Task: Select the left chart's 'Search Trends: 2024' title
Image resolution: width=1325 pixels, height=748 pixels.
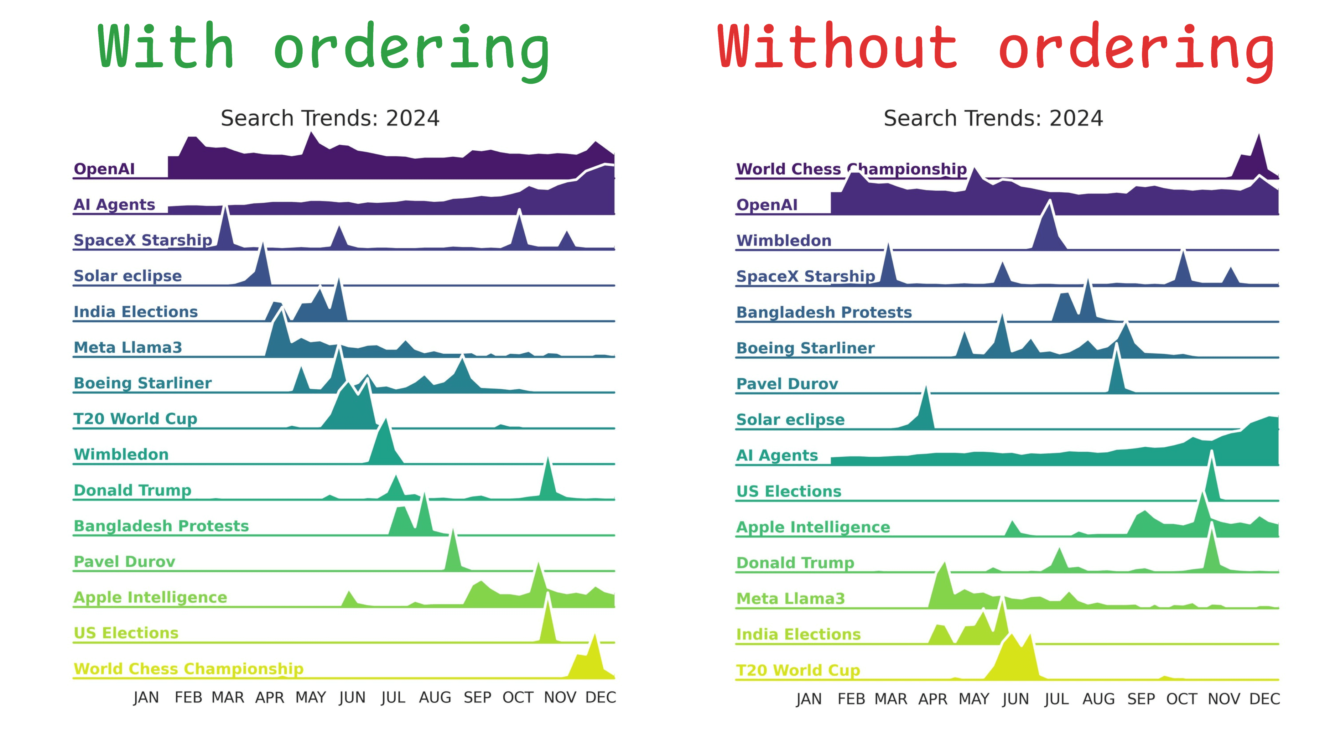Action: point(330,118)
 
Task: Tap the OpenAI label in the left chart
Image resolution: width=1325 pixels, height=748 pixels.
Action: point(104,169)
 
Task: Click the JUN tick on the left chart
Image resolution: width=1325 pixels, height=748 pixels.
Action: point(352,697)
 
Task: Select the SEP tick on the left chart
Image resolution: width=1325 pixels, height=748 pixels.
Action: point(477,697)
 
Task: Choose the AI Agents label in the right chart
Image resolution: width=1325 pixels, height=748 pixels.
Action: point(777,455)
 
